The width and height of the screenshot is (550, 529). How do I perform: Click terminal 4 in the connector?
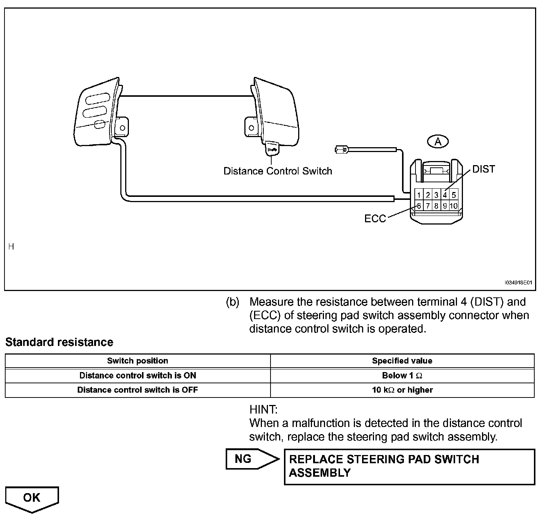445,195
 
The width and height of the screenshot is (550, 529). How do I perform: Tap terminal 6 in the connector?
419,206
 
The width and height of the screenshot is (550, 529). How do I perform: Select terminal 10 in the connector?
454,206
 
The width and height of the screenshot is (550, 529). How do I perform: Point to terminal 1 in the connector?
419,195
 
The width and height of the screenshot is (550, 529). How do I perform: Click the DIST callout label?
483,169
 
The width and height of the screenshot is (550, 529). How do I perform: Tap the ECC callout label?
375,219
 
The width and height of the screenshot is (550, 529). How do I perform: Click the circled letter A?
438,142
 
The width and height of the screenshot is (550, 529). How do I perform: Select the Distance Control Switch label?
278,171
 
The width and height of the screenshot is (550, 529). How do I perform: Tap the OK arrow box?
32,498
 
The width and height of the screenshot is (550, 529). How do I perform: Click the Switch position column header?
137,361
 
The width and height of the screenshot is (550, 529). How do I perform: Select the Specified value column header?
402,361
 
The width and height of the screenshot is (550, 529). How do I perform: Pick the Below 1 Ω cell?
402,375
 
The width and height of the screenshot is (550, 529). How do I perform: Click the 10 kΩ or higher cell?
402,390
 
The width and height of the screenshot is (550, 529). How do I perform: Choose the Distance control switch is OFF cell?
137,390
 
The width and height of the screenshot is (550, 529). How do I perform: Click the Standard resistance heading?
59,342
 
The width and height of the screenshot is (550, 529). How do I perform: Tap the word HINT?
263,409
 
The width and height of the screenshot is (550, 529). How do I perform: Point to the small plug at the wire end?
341,150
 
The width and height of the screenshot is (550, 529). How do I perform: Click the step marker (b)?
232,302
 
